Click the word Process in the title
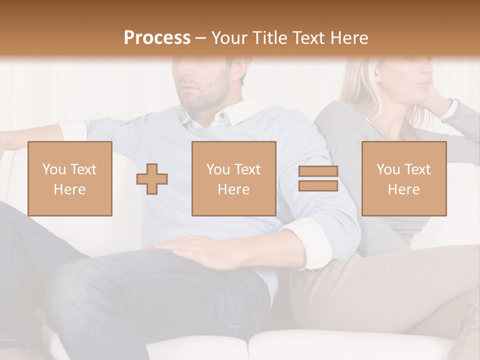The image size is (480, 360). point(157,37)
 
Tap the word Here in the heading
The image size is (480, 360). point(349,37)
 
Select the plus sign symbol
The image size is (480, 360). point(152,179)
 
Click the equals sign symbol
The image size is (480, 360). point(318,178)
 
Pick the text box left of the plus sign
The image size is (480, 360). point(70,179)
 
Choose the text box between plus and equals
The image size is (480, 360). point(234,179)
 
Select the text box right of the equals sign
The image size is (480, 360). point(404,179)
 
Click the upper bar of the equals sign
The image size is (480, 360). point(318,171)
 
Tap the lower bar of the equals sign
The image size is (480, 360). point(318,185)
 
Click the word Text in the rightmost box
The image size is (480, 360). point(417,169)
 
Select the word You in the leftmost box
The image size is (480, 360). point(53,169)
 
